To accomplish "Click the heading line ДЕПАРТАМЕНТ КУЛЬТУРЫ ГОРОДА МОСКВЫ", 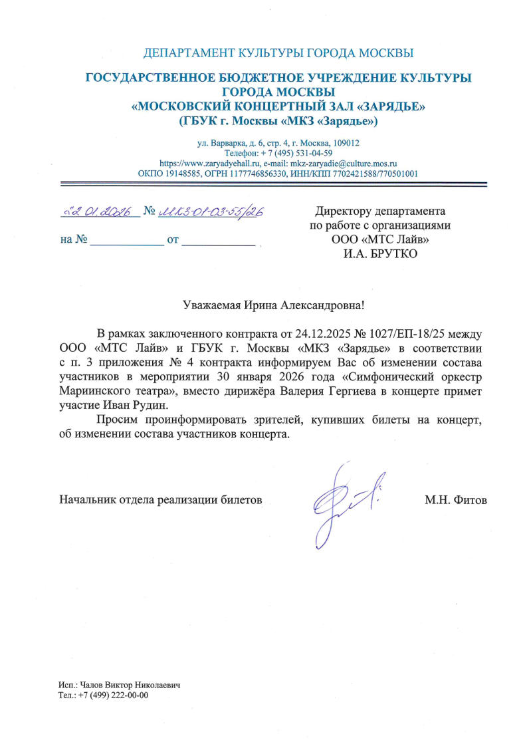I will [278, 53].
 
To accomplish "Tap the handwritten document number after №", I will [211, 211].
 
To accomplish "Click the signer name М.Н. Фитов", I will [455, 499].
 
